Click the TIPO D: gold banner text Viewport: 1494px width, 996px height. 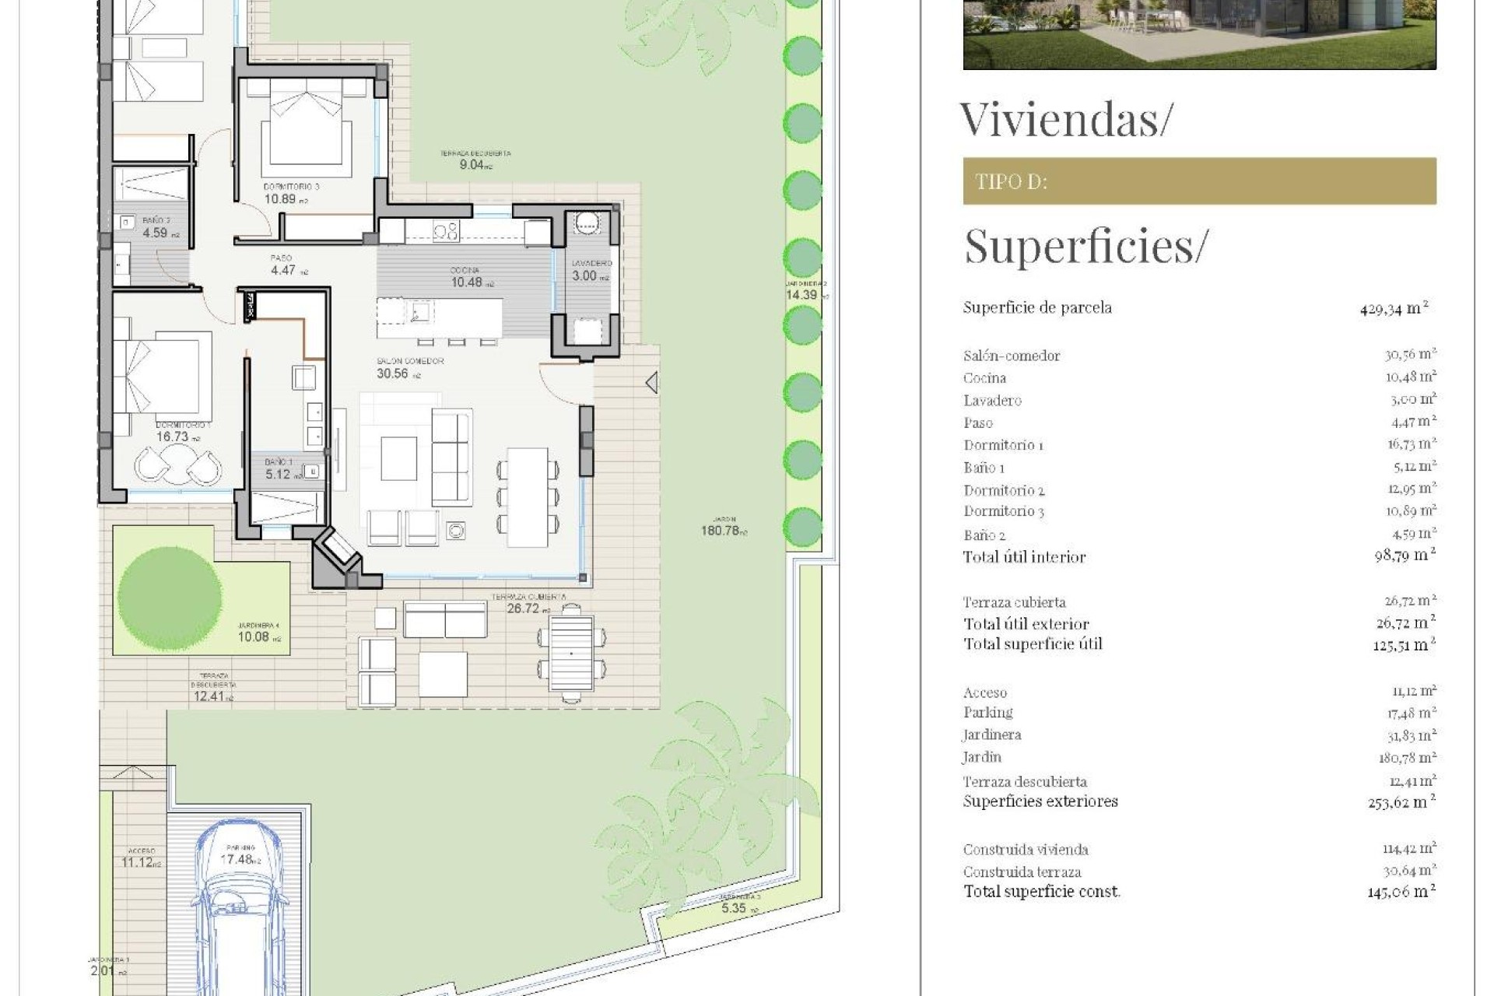coord(1011,182)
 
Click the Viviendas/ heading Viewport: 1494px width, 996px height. coord(1064,120)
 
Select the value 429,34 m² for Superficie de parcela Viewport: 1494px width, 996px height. coord(1394,308)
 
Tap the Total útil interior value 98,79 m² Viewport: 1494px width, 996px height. coord(1405,556)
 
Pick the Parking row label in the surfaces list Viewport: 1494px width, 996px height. coord(987,713)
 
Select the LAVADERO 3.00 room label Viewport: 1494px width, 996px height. coord(591,270)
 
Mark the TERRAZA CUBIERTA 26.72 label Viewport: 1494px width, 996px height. coord(529,604)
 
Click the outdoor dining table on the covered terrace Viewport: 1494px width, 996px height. coord(571,653)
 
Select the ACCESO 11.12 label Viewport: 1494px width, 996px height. coord(141,857)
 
